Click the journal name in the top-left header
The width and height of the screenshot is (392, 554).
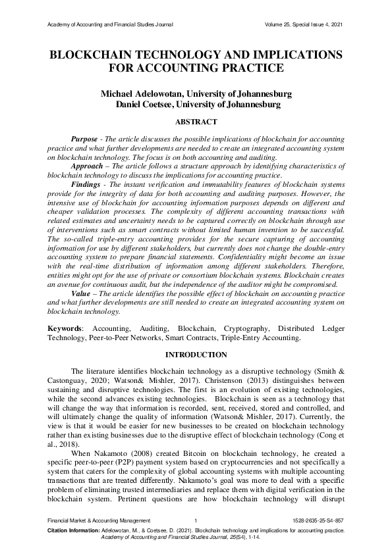click(111, 24)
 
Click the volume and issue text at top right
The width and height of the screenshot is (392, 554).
click(302, 24)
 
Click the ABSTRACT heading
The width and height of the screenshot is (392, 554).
click(196, 122)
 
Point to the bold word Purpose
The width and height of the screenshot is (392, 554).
click(85, 140)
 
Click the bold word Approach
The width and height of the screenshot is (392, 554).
click(88, 167)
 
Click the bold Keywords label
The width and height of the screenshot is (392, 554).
click(67, 328)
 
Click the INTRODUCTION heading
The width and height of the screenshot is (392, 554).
click(196, 355)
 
